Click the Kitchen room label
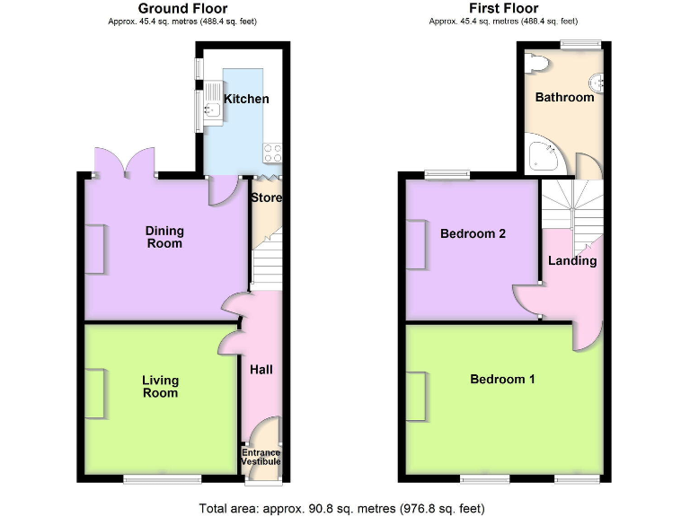tap(246, 99)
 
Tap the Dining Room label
tap(164, 237)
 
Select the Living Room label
tap(161, 387)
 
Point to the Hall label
tap(261, 369)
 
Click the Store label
tap(267, 197)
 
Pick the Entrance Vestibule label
tap(261, 458)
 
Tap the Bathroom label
tap(564, 97)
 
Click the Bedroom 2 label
tap(473, 233)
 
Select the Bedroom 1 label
tap(502, 379)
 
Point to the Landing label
tap(572, 261)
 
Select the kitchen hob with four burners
tap(272, 153)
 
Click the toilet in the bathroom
tap(538, 64)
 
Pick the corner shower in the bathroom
tap(543, 155)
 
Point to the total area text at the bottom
tap(341, 509)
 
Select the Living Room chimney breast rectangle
tap(94, 394)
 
